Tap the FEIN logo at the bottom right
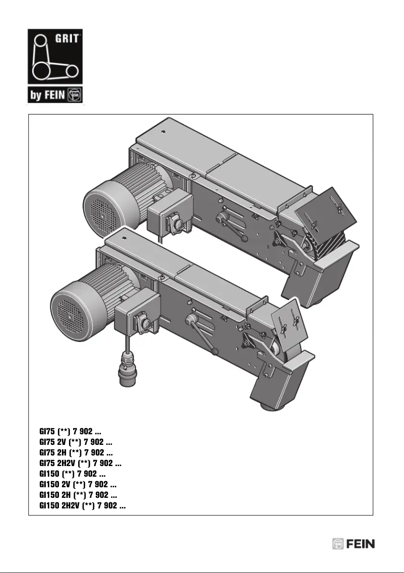[x=353, y=544]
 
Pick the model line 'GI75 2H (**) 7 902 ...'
[x=76, y=453]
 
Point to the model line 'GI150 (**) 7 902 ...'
[x=73, y=474]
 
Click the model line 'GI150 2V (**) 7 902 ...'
[x=78, y=485]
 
